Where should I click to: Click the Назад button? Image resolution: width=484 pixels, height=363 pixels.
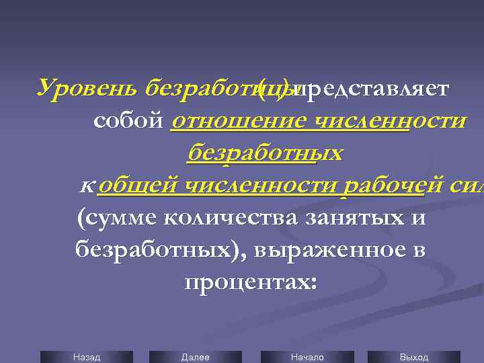point(87,357)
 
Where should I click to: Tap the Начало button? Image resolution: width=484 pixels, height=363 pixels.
point(307,357)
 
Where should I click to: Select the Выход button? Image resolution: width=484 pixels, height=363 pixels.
point(413,357)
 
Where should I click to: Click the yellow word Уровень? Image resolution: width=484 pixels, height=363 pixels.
point(86,88)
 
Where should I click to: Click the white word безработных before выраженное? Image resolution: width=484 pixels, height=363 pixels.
point(159,250)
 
